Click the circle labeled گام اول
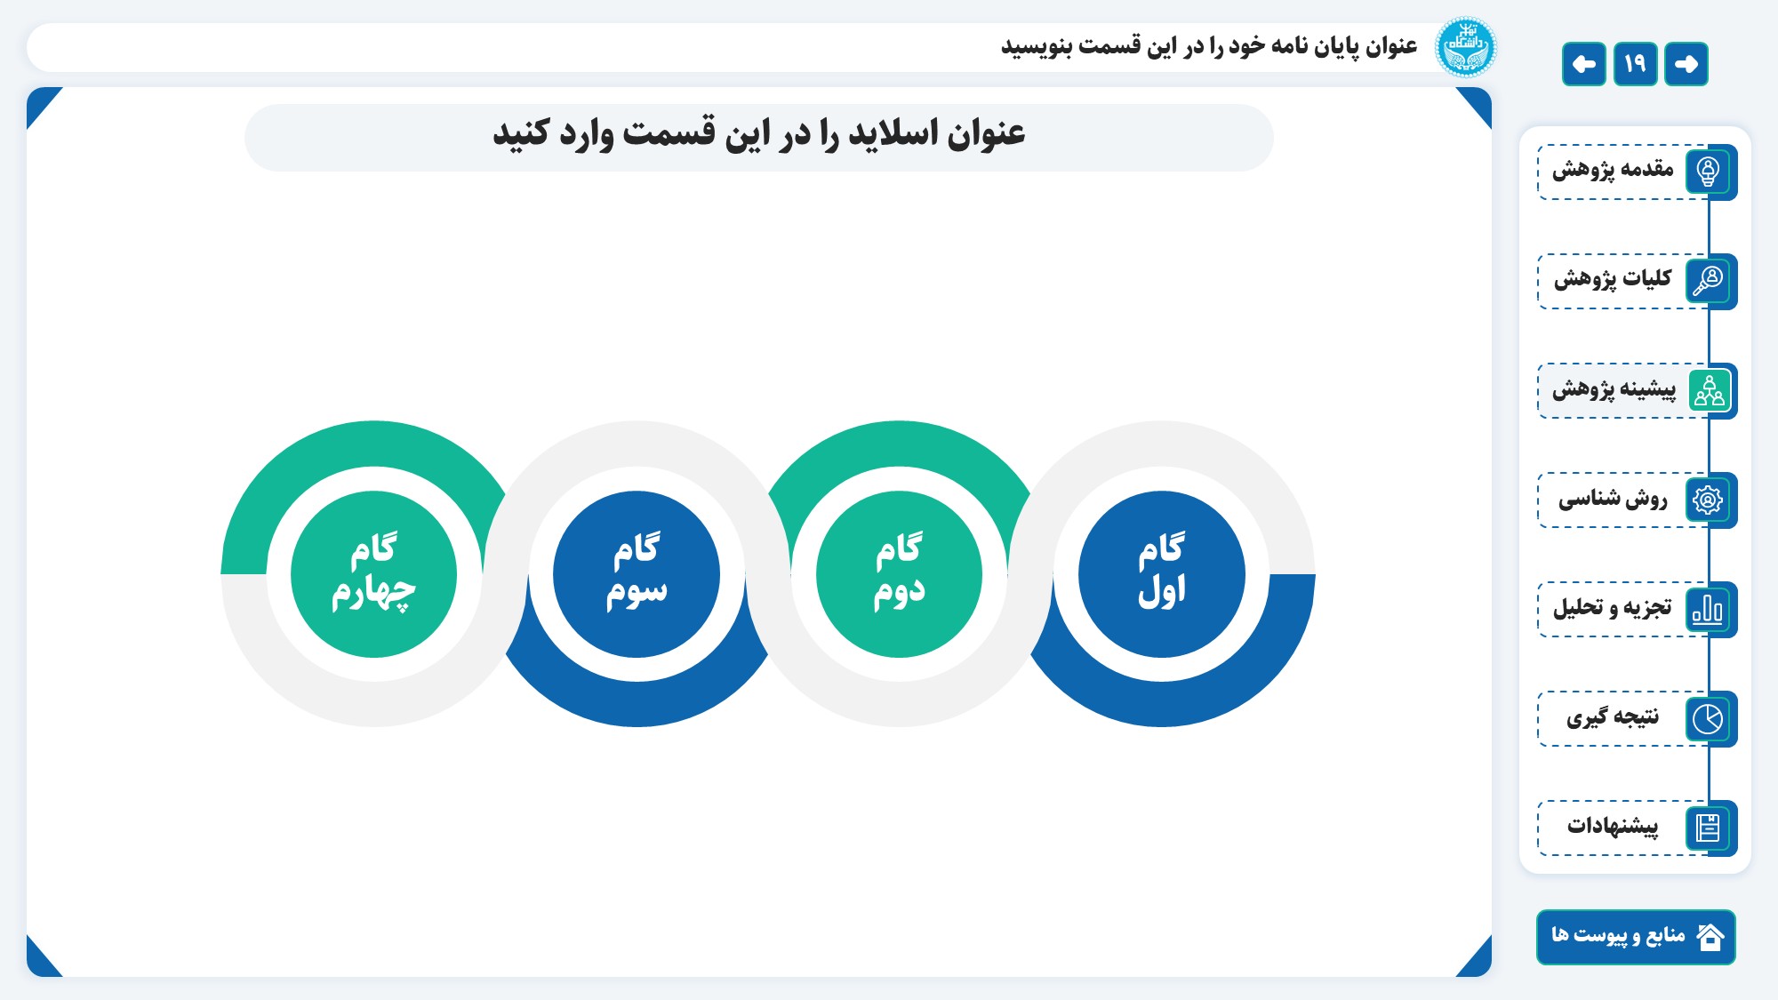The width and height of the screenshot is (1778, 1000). click(x=1161, y=574)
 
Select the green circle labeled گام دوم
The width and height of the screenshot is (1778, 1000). click(x=899, y=574)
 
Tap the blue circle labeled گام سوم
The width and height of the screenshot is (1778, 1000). click(x=637, y=574)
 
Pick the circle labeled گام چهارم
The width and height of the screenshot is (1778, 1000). click(x=374, y=574)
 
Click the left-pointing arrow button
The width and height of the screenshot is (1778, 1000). click(x=1583, y=64)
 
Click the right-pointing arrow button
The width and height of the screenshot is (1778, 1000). click(x=1686, y=64)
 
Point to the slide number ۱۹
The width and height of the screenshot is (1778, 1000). click(x=1635, y=64)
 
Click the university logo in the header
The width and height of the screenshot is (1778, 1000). click(x=1466, y=47)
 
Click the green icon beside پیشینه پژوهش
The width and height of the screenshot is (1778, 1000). click(x=1709, y=390)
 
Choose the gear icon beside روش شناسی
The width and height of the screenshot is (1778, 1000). click(x=1708, y=500)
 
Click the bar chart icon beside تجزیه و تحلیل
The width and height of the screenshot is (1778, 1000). click(x=1708, y=609)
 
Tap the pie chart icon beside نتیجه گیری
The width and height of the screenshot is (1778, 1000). click(x=1708, y=718)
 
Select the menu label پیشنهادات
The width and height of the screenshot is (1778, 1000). click(x=1613, y=826)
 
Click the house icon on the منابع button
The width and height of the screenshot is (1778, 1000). click(x=1710, y=937)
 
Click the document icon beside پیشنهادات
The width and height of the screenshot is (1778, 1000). click(x=1708, y=828)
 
